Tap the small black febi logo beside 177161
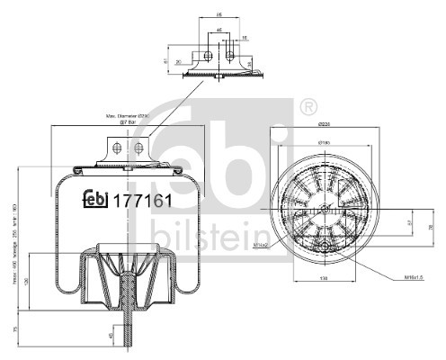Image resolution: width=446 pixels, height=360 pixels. (95, 201)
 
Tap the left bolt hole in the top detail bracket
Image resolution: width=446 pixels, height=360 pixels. (208, 56)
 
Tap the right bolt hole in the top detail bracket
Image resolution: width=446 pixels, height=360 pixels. (231, 56)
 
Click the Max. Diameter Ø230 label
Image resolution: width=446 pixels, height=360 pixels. (126, 117)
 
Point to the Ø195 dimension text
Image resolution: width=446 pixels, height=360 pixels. (327, 142)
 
